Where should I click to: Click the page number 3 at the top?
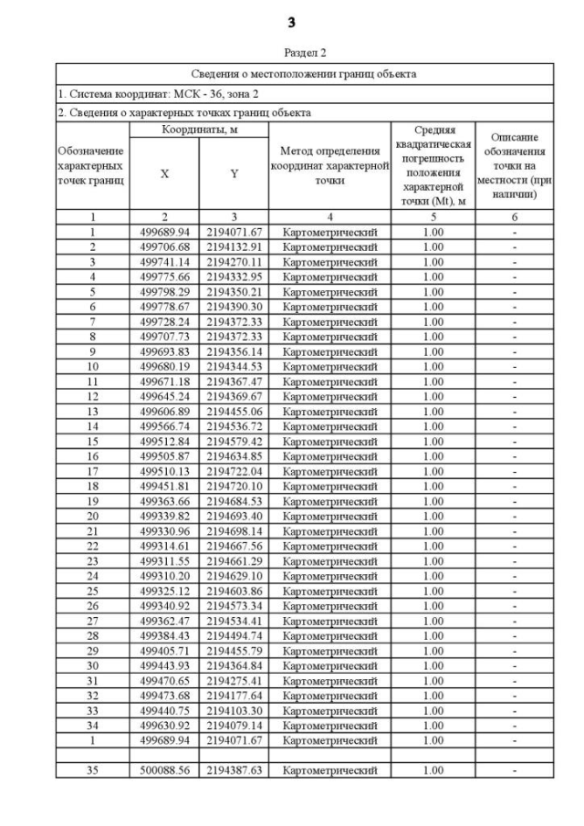pos(291,22)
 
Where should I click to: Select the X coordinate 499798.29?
pos(164,291)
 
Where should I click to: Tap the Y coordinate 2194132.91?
pos(234,246)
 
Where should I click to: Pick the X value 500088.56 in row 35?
pos(164,769)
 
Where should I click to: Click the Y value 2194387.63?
pos(234,769)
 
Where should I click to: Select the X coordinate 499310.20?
pos(164,575)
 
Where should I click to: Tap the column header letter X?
pos(164,173)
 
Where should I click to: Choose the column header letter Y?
pos(234,173)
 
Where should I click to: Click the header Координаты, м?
pos(199,131)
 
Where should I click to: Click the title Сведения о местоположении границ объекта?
pos(305,73)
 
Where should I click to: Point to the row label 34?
pos(92,725)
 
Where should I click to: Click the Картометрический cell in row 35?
pos(329,769)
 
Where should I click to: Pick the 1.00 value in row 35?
pos(433,769)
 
